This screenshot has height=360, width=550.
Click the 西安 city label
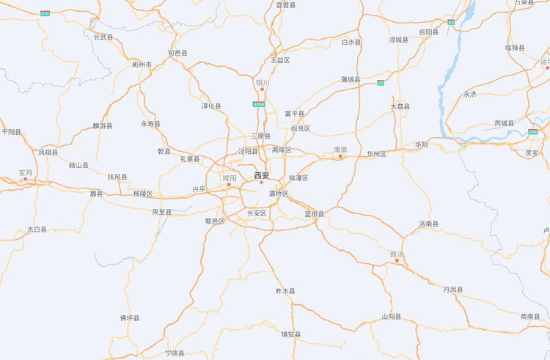point(262,175)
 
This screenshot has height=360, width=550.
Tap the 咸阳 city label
point(230,177)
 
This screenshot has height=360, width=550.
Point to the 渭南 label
point(340,149)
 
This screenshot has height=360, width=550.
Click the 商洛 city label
point(397,254)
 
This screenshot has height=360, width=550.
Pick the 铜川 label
point(263,83)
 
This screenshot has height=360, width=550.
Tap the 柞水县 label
point(285,291)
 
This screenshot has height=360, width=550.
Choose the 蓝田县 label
point(314,214)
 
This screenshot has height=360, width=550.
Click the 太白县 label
point(37,229)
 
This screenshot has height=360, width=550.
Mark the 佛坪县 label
point(130,318)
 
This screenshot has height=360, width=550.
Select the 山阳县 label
point(391,317)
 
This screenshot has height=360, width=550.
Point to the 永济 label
point(469,95)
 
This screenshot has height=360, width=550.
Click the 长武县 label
point(103,37)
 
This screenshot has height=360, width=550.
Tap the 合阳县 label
point(428,32)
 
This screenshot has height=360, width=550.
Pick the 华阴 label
point(421,144)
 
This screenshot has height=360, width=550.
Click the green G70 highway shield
point(45,14)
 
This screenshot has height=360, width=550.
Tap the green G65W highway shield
point(259,104)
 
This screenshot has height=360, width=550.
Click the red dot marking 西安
point(261,183)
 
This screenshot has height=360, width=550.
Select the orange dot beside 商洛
point(397,261)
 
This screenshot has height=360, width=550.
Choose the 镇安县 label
point(291,334)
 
